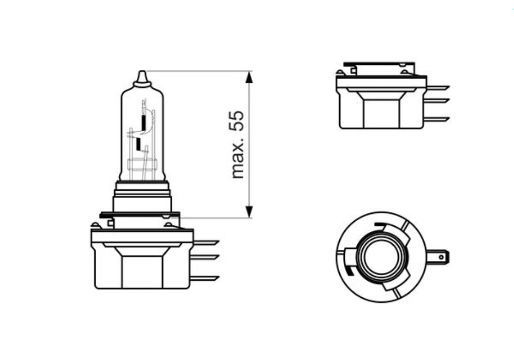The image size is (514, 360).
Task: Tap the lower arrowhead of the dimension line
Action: point(249,211)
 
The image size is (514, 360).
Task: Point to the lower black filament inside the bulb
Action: point(137,143)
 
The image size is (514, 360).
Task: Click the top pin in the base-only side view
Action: point(437,88)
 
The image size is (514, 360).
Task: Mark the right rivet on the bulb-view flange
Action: point(168,225)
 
